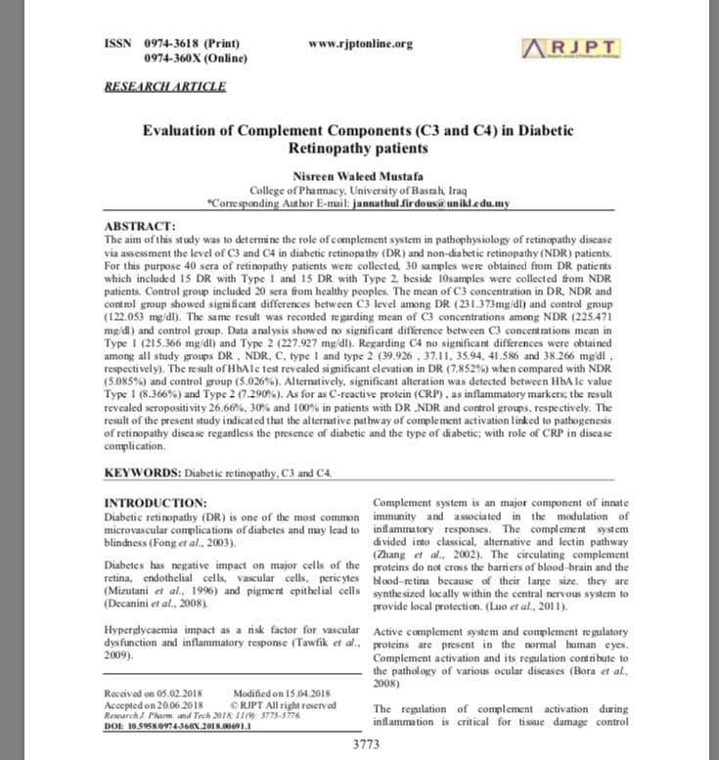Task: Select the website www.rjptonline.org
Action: (x=360, y=44)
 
